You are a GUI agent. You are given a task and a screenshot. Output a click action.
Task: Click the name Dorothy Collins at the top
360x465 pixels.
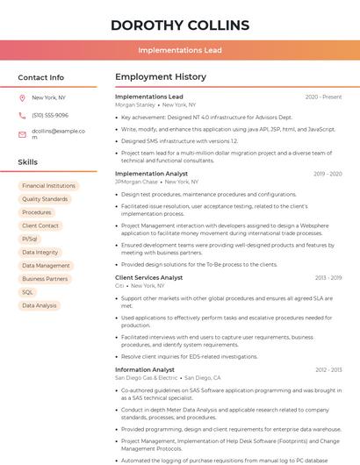click(x=180, y=25)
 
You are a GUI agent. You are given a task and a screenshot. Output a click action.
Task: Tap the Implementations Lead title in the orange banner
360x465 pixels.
click(x=180, y=50)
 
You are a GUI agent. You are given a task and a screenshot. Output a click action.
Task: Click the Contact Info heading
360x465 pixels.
click(x=40, y=77)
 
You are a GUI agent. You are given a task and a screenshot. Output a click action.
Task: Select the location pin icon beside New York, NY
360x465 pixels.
click(x=22, y=97)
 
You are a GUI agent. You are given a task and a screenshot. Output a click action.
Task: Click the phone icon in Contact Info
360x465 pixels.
click(x=22, y=115)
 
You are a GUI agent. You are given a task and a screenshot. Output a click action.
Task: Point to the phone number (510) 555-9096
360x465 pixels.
click(x=50, y=115)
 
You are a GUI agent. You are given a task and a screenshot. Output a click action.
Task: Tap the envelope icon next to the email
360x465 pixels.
click(x=22, y=134)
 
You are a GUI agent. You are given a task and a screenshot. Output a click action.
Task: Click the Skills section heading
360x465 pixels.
click(x=28, y=162)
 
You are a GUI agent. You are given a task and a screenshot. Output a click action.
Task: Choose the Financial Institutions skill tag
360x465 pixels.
click(x=48, y=186)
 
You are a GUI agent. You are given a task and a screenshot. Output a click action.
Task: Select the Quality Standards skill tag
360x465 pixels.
click(x=44, y=199)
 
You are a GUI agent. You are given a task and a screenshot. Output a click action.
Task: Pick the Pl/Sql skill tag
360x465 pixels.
click(x=30, y=239)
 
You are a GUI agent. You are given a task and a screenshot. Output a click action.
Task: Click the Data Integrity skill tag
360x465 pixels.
click(x=40, y=252)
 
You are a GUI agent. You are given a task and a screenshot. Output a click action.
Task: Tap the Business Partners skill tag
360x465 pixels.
click(x=44, y=279)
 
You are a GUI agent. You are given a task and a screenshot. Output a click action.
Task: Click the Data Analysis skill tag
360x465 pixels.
click(x=39, y=305)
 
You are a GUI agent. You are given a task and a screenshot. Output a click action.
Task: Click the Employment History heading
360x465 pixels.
click(x=161, y=77)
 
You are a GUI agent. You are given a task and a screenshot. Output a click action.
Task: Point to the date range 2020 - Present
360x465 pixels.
click(x=323, y=97)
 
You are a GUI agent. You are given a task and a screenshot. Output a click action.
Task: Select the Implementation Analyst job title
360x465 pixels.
click(x=151, y=174)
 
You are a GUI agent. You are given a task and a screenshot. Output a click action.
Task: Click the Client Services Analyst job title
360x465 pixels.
click(x=148, y=277)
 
